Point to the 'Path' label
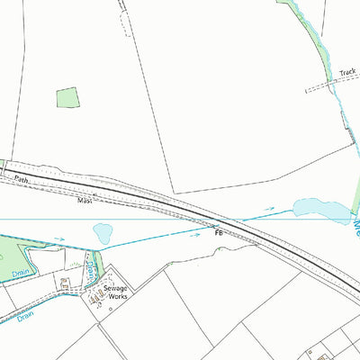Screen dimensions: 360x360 (22, 180)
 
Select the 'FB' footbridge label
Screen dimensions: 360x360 (219, 231)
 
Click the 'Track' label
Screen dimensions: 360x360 (347, 72)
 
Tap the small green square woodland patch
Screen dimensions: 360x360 (67, 98)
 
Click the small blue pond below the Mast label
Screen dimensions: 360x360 (103, 233)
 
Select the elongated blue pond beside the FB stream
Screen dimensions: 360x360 (319, 211)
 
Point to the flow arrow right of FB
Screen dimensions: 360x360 (268, 210)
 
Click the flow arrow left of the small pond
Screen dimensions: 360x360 (59, 239)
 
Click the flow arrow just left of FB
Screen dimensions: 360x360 (195, 230)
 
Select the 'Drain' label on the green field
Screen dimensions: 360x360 (20, 272)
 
